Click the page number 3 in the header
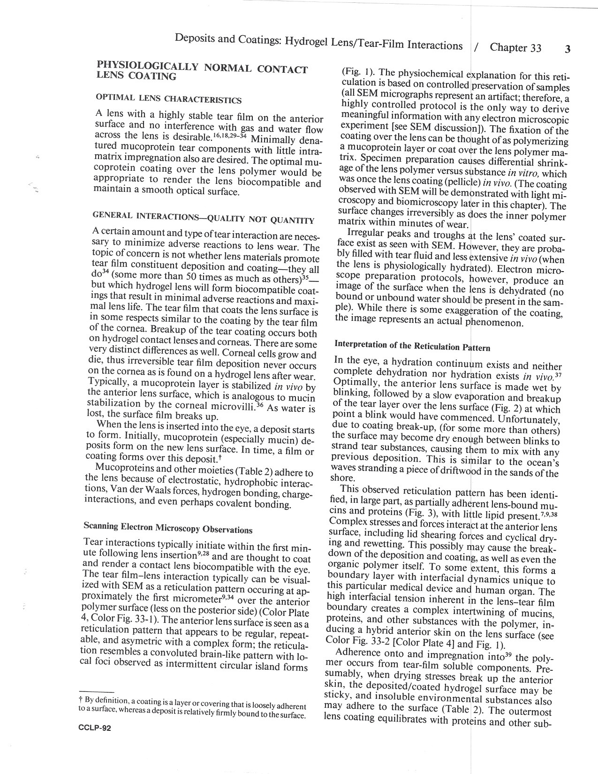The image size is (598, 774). (x=568, y=49)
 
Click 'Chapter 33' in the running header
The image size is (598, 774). (x=515, y=48)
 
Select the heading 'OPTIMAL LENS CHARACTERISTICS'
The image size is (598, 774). (x=168, y=99)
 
